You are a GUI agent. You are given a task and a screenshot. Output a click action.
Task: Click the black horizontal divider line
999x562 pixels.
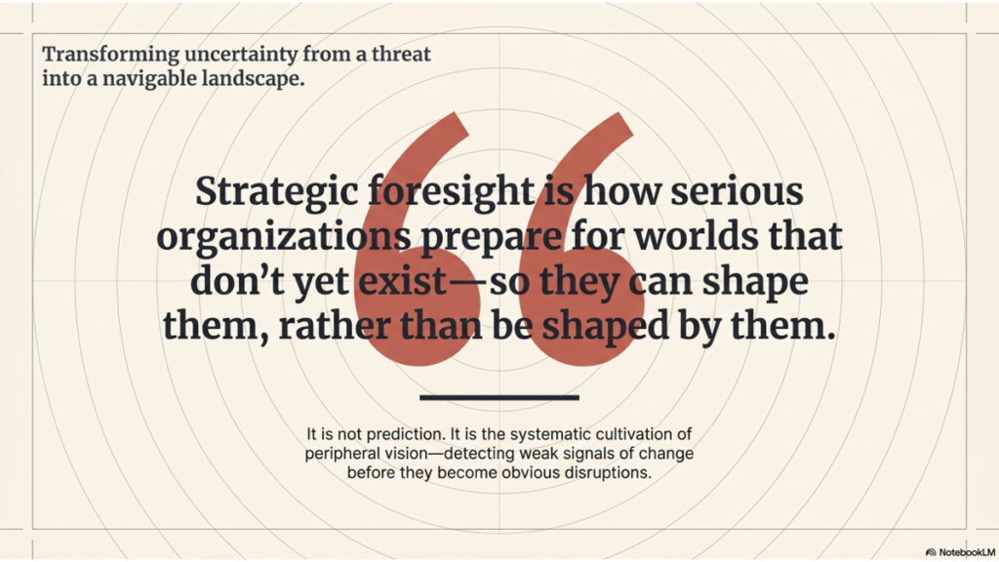pos(499,397)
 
